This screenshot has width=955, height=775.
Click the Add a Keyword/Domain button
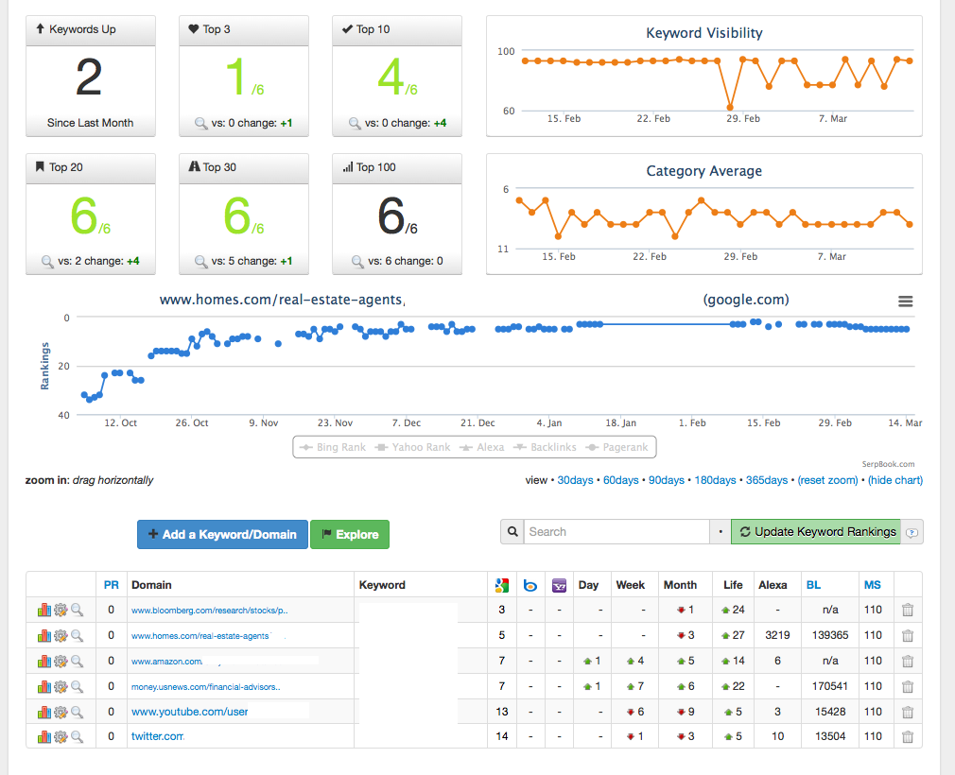tap(222, 535)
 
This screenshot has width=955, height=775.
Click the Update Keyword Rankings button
tap(815, 531)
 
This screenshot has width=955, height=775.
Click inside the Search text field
tap(616, 531)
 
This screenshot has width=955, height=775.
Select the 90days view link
tap(667, 480)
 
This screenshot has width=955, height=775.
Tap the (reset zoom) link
tap(827, 480)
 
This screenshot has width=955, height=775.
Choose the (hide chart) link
tap(895, 480)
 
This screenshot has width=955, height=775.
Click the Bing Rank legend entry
tap(333, 447)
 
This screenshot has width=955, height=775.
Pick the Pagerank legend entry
tap(617, 447)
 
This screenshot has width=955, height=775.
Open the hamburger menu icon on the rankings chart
tap(906, 301)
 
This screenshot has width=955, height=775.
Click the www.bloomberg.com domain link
tap(210, 610)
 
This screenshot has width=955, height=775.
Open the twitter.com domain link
tap(158, 736)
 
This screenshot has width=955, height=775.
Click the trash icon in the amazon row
tap(908, 662)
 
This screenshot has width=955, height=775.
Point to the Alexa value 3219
tap(778, 635)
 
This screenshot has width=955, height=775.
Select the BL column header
tap(813, 585)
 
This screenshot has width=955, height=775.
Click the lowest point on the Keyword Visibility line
tap(730, 107)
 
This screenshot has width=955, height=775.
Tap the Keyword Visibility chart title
tap(704, 33)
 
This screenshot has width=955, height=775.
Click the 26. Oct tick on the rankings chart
tap(192, 422)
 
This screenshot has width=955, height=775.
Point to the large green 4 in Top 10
tap(391, 77)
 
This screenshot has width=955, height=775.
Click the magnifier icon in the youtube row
tap(77, 712)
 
